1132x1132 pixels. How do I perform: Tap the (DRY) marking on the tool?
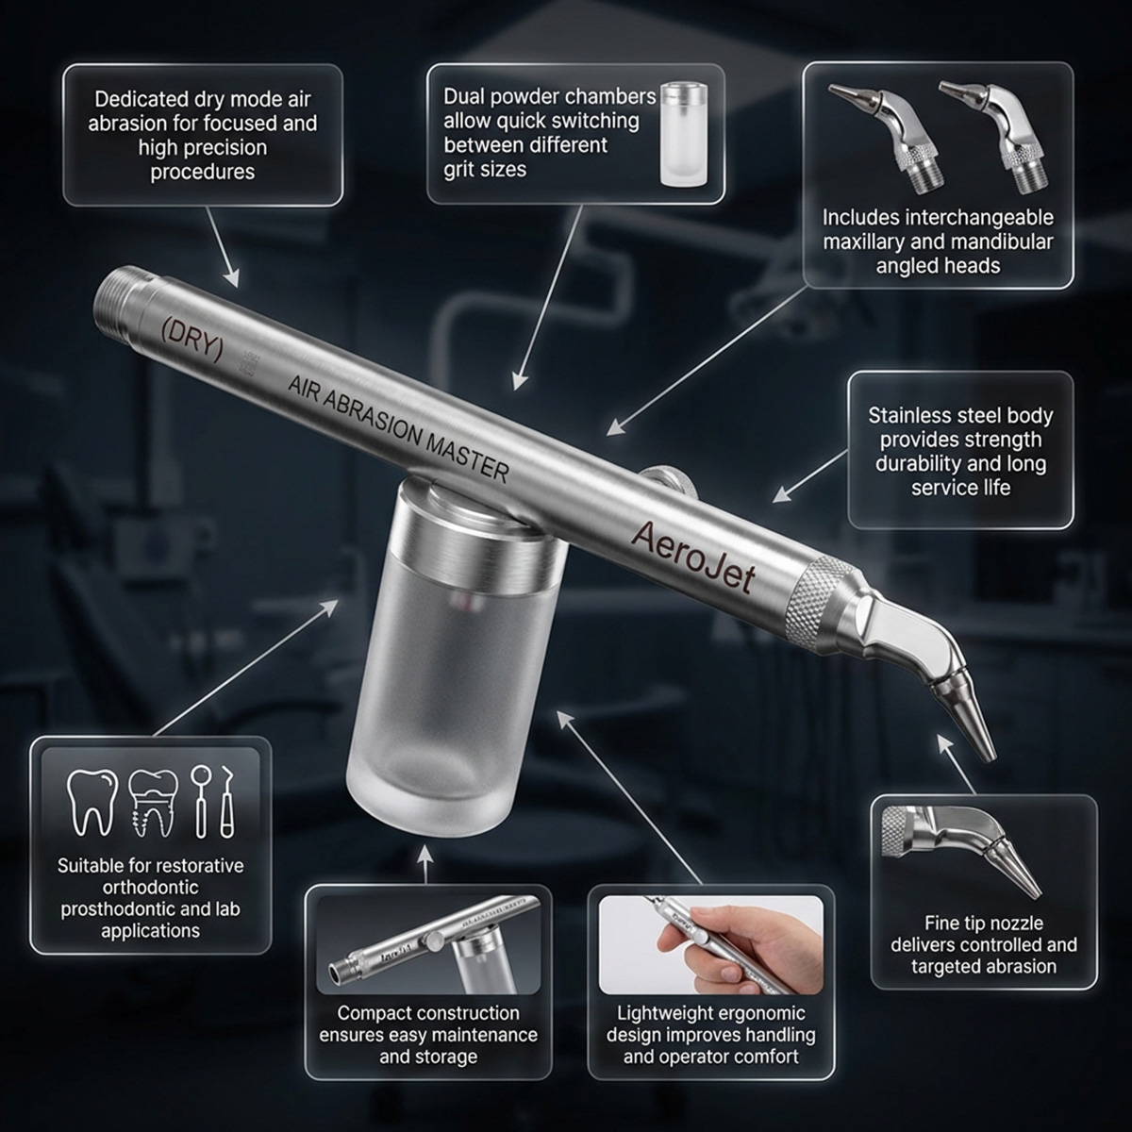point(192,339)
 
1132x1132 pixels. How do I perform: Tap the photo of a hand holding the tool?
point(710,942)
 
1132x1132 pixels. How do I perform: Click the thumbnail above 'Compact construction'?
point(427,942)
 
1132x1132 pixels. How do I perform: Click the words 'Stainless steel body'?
point(960,416)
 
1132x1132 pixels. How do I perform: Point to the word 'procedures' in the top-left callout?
point(203,172)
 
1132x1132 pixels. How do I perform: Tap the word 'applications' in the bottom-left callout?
point(150,931)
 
